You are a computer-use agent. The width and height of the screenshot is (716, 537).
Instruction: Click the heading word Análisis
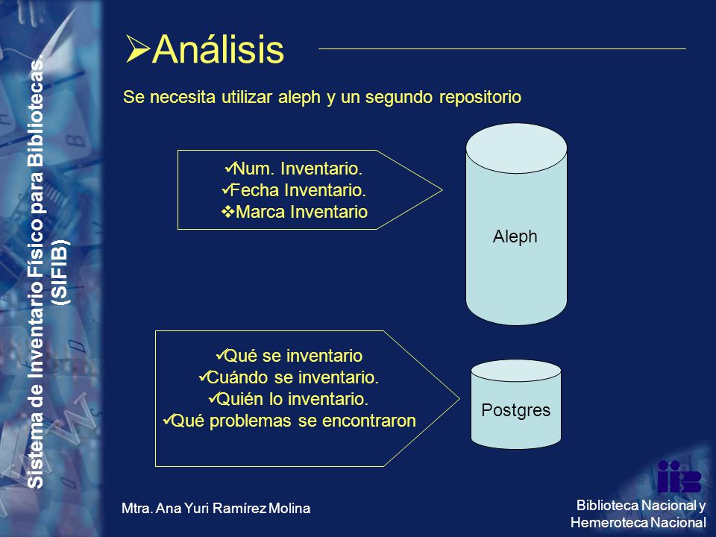click(219, 48)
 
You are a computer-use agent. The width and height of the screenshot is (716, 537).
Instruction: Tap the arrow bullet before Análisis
click(139, 49)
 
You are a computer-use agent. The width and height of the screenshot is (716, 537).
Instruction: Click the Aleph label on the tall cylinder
click(515, 236)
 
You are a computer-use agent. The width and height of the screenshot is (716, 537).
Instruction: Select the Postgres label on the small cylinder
click(516, 410)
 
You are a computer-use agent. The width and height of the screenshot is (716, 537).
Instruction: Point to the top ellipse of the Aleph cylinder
click(516, 148)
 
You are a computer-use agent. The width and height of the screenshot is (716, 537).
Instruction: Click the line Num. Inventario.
click(294, 169)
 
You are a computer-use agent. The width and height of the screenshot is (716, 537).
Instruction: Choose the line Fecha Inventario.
click(294, 190)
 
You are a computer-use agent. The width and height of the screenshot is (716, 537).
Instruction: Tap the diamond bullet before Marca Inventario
click(228, 211)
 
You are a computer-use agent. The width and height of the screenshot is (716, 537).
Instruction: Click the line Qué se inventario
click(289, 356)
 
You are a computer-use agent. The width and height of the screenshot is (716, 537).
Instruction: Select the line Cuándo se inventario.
click(289, 377)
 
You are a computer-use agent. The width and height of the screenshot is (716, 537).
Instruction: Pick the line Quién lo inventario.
click(289, 399)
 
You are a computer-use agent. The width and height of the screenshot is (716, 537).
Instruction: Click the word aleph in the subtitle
click(300, 98)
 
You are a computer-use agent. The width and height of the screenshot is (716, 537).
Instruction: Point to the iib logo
click(679, 477)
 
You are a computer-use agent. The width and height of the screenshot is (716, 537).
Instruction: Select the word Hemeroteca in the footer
click(609, 522)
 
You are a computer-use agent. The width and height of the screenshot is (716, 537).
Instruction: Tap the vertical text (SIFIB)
click(60, 272)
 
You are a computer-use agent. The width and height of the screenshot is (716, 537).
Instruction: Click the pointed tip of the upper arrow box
click(442, 189)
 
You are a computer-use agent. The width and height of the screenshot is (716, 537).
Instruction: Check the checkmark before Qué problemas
click(168, 419)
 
